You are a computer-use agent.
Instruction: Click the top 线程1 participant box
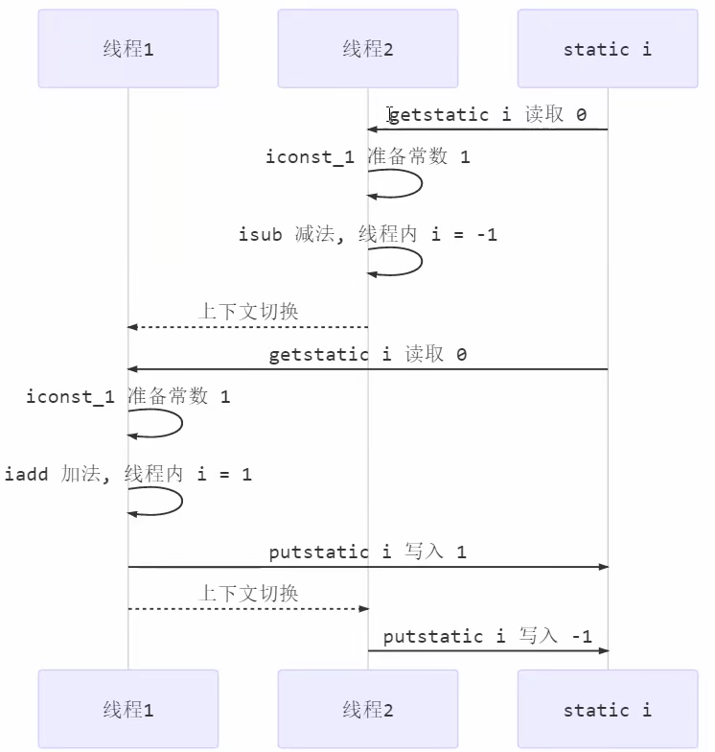128,49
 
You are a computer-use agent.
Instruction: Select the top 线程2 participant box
368,49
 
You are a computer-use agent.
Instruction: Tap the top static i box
608,49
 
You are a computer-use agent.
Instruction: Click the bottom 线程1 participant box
128,710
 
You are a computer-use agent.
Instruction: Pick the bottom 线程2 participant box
368,710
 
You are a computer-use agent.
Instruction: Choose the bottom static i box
608,710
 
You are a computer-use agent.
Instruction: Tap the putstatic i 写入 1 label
368,552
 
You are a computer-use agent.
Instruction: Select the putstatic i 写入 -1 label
488,636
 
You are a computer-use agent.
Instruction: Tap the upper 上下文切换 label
248,312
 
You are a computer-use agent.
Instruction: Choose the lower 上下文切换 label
248,594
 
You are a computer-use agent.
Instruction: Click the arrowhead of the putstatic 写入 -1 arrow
603,651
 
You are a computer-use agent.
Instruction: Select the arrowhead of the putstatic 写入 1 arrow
603,567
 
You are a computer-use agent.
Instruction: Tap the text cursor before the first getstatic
390,115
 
